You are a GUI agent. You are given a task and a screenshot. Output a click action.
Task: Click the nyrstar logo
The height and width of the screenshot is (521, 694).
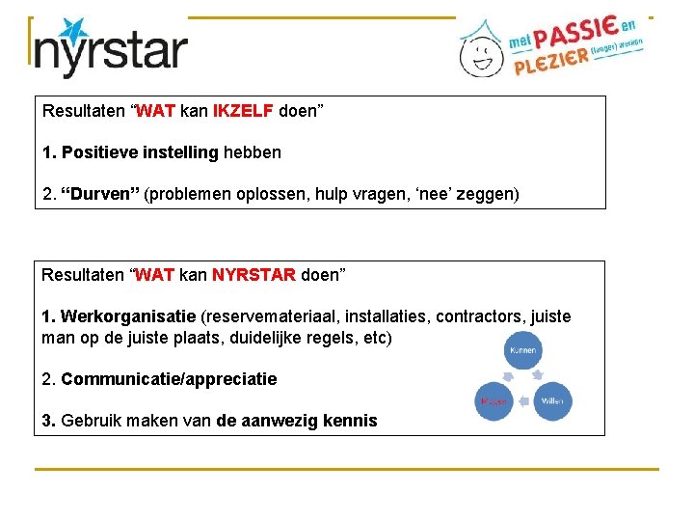(109, 48)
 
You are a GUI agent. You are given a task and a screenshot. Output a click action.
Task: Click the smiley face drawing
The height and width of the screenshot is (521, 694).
(479, 53)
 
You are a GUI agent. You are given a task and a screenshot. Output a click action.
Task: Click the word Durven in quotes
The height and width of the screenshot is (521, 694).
(100, 195)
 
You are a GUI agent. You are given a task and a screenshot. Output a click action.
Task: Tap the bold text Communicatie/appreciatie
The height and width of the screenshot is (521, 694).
(169, 379)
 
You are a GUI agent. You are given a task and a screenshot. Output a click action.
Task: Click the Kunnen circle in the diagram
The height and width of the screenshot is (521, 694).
(523, 351)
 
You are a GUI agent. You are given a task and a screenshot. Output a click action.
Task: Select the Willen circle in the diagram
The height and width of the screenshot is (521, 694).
(552, 400)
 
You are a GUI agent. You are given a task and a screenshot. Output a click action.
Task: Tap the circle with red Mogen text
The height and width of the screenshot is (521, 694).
(494, 401)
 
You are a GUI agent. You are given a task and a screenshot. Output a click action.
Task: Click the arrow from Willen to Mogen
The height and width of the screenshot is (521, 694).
(522, 401)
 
